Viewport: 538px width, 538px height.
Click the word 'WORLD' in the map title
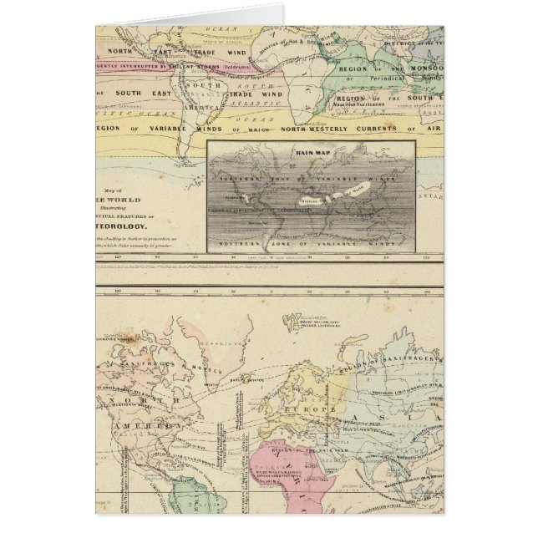(x=126, y=201)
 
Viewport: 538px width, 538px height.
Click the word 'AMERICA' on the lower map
(x=120, y=438)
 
